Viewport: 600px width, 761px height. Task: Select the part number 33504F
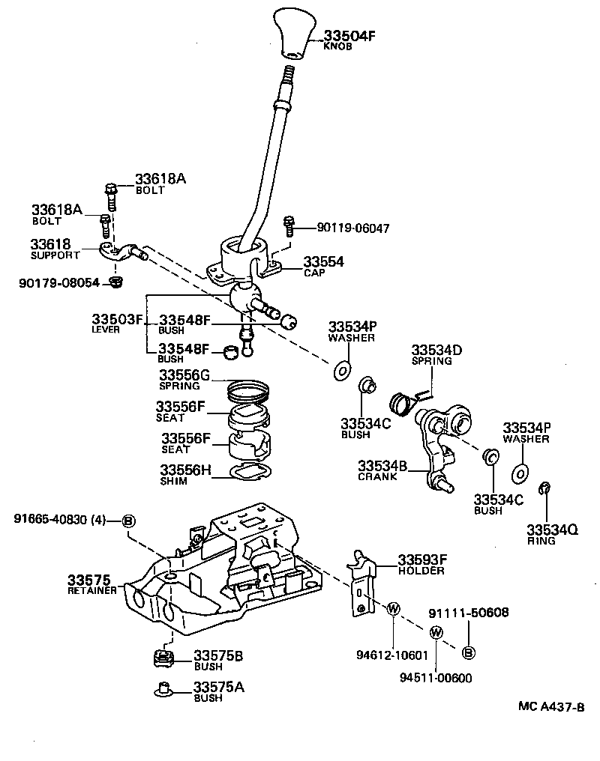[x=349, y=35]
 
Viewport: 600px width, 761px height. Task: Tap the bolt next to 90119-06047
[x=288, y=224]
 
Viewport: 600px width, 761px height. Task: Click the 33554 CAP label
[x=323, y=266]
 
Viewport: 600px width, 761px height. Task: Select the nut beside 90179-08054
[x=115, y=282]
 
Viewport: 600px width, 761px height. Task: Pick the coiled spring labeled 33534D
[x=405, y=402]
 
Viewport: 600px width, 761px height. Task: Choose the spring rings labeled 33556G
[x=247, y=389]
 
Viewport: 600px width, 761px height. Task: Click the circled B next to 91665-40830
[x=128, y=521]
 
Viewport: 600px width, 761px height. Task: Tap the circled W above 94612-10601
[x=391, y=609]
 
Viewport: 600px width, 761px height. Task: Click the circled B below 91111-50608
[x=468, y=653]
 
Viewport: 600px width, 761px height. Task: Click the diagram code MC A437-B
[x=550, y=706]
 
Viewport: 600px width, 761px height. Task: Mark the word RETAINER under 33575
[x=92, y=590]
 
